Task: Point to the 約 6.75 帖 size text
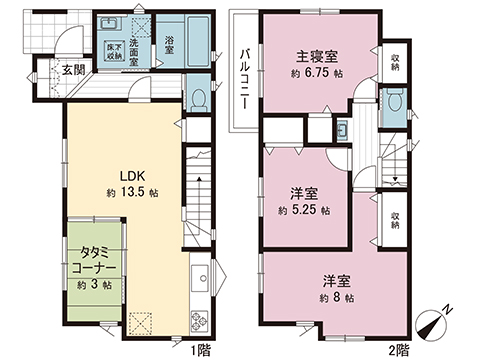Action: [x=320, y=73]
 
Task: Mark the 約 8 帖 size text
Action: [x=335, y=297]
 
